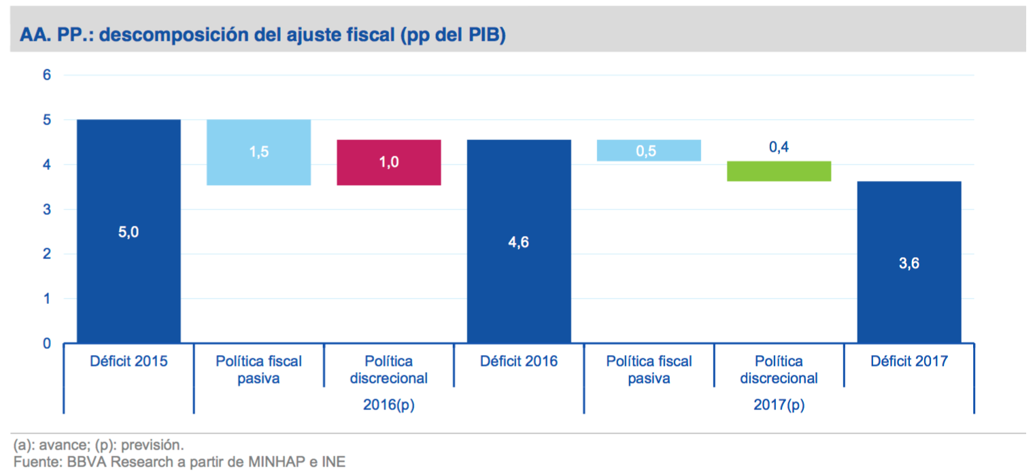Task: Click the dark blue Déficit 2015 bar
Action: pos(129,231)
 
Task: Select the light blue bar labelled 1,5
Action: pos(258,152)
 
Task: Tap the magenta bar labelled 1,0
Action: pos(389,163)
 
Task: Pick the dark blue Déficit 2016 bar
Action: pos(519,241)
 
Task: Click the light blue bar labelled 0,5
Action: pos(649,150)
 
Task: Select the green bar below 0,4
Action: pos(779,171)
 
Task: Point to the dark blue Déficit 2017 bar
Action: pos(909,262)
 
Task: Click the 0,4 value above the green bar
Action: pos(779,147)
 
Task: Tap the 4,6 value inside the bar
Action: pos(519,242)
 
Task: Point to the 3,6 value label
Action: pos(909,265)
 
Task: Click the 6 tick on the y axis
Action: pos(47,75)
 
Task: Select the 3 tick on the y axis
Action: pos(47,209)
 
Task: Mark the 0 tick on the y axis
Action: pos(47,343)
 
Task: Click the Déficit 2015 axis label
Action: pos(129,361)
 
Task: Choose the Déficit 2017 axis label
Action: pos(909,361)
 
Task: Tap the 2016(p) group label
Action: pos(389,405)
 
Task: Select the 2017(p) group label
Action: pos(779,405)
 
